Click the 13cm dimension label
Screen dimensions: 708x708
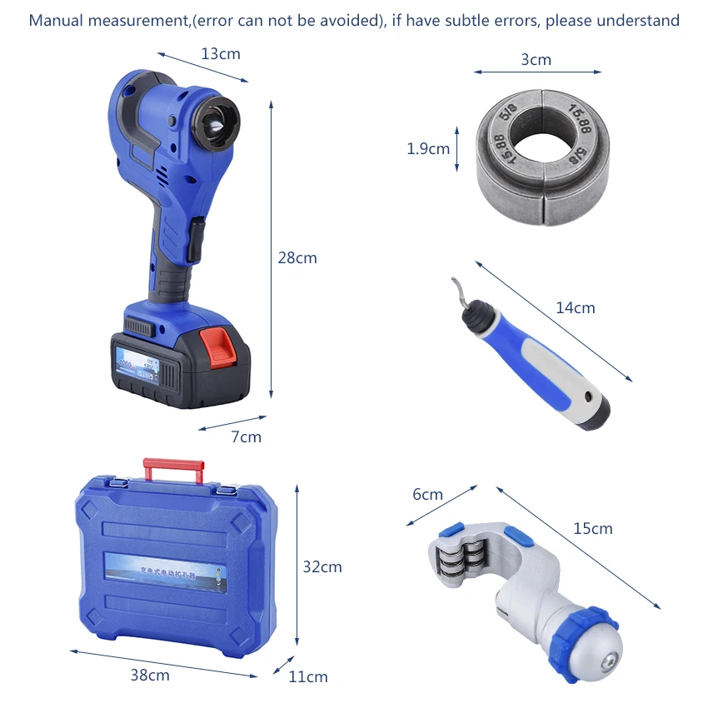tap(220, 53)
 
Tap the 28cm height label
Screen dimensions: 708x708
tap(297, 257)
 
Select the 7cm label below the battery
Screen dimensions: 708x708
tap(246, 436)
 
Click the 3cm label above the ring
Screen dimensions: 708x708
tap(536, 59)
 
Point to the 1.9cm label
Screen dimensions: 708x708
tap(428, 149)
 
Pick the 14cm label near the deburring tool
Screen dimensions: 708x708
tap(576, 307)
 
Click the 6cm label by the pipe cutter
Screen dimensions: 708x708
tap(427, 494)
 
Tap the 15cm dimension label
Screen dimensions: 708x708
tap(592, 528)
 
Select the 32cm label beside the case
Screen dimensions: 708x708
tap(322, 566)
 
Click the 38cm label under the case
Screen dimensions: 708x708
tap(150, 675)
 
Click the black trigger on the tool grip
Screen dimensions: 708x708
tap(197, 239)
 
